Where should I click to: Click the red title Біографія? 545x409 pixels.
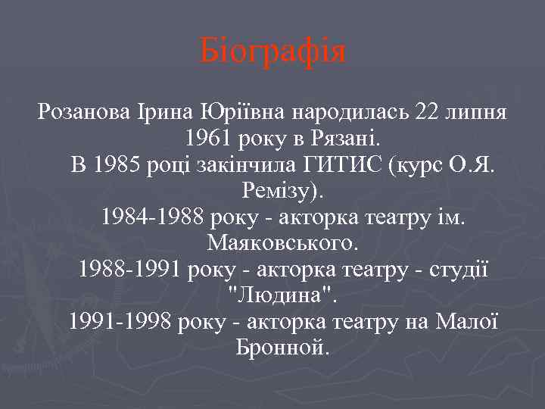[x=272, y=52]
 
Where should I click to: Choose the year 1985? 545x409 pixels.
[x=120, y=165]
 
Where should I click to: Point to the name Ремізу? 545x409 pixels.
[x=272, y=191]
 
